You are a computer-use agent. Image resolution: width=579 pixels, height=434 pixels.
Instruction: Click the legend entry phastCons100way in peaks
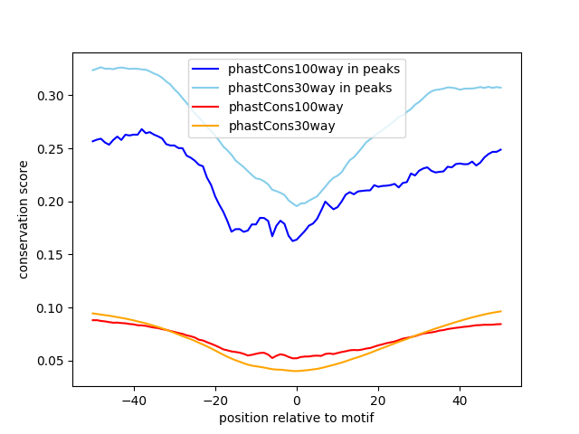[x=313, y=69]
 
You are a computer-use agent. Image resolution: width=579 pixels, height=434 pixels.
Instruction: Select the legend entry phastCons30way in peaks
[x=309, y=88]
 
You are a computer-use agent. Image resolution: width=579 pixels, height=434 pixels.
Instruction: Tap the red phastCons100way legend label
[x=285, y=107]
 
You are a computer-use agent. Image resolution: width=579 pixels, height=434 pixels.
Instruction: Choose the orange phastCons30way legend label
[x=281, y=126]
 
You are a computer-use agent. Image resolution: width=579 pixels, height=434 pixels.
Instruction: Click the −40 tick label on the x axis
[x=133, y=400]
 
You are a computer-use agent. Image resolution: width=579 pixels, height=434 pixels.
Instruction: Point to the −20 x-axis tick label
[x=214, y=400]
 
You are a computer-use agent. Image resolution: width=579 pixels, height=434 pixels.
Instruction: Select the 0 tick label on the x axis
[x=297, y=400]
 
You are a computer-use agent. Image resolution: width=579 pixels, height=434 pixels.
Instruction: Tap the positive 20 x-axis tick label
[x=378, y=400]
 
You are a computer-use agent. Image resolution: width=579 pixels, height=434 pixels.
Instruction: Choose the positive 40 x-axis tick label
[x=460, y=400]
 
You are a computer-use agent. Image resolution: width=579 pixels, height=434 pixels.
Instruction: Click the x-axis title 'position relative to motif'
[x=296, y=418]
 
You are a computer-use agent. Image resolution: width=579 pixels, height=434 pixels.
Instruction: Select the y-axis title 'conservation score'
[x=24, y=219]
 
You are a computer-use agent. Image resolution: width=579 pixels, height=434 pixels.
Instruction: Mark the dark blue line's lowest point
[x=292, y=241]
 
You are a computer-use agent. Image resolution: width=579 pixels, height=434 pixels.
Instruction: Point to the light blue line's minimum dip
[x=297, y=206]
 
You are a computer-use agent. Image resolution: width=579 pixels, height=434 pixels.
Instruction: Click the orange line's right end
[x=500, y=311]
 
